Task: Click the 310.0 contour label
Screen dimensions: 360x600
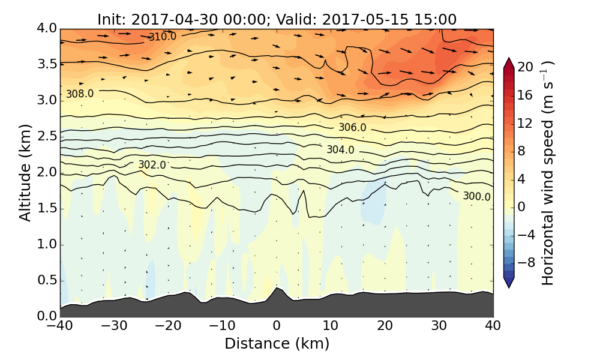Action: [162, 37]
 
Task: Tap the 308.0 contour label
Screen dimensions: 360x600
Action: [80, 94]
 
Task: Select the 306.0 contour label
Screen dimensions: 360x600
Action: [352, 128]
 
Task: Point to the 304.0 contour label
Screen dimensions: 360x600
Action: [340, 150]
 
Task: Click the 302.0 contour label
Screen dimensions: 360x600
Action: [152, 165]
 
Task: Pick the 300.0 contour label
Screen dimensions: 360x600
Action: [476, 197]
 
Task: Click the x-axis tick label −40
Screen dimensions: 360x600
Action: [60, 326]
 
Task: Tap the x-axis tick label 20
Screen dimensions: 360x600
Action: [385, 326]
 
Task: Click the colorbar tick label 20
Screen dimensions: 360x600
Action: [526, 67]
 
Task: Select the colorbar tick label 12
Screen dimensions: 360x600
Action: [526, 123]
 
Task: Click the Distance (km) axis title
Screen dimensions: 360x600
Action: [277, 344]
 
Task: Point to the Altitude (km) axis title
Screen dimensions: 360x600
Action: [25, 173]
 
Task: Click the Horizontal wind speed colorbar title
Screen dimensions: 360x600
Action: [547, 173]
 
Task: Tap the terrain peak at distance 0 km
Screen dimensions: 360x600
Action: [276, 289]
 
